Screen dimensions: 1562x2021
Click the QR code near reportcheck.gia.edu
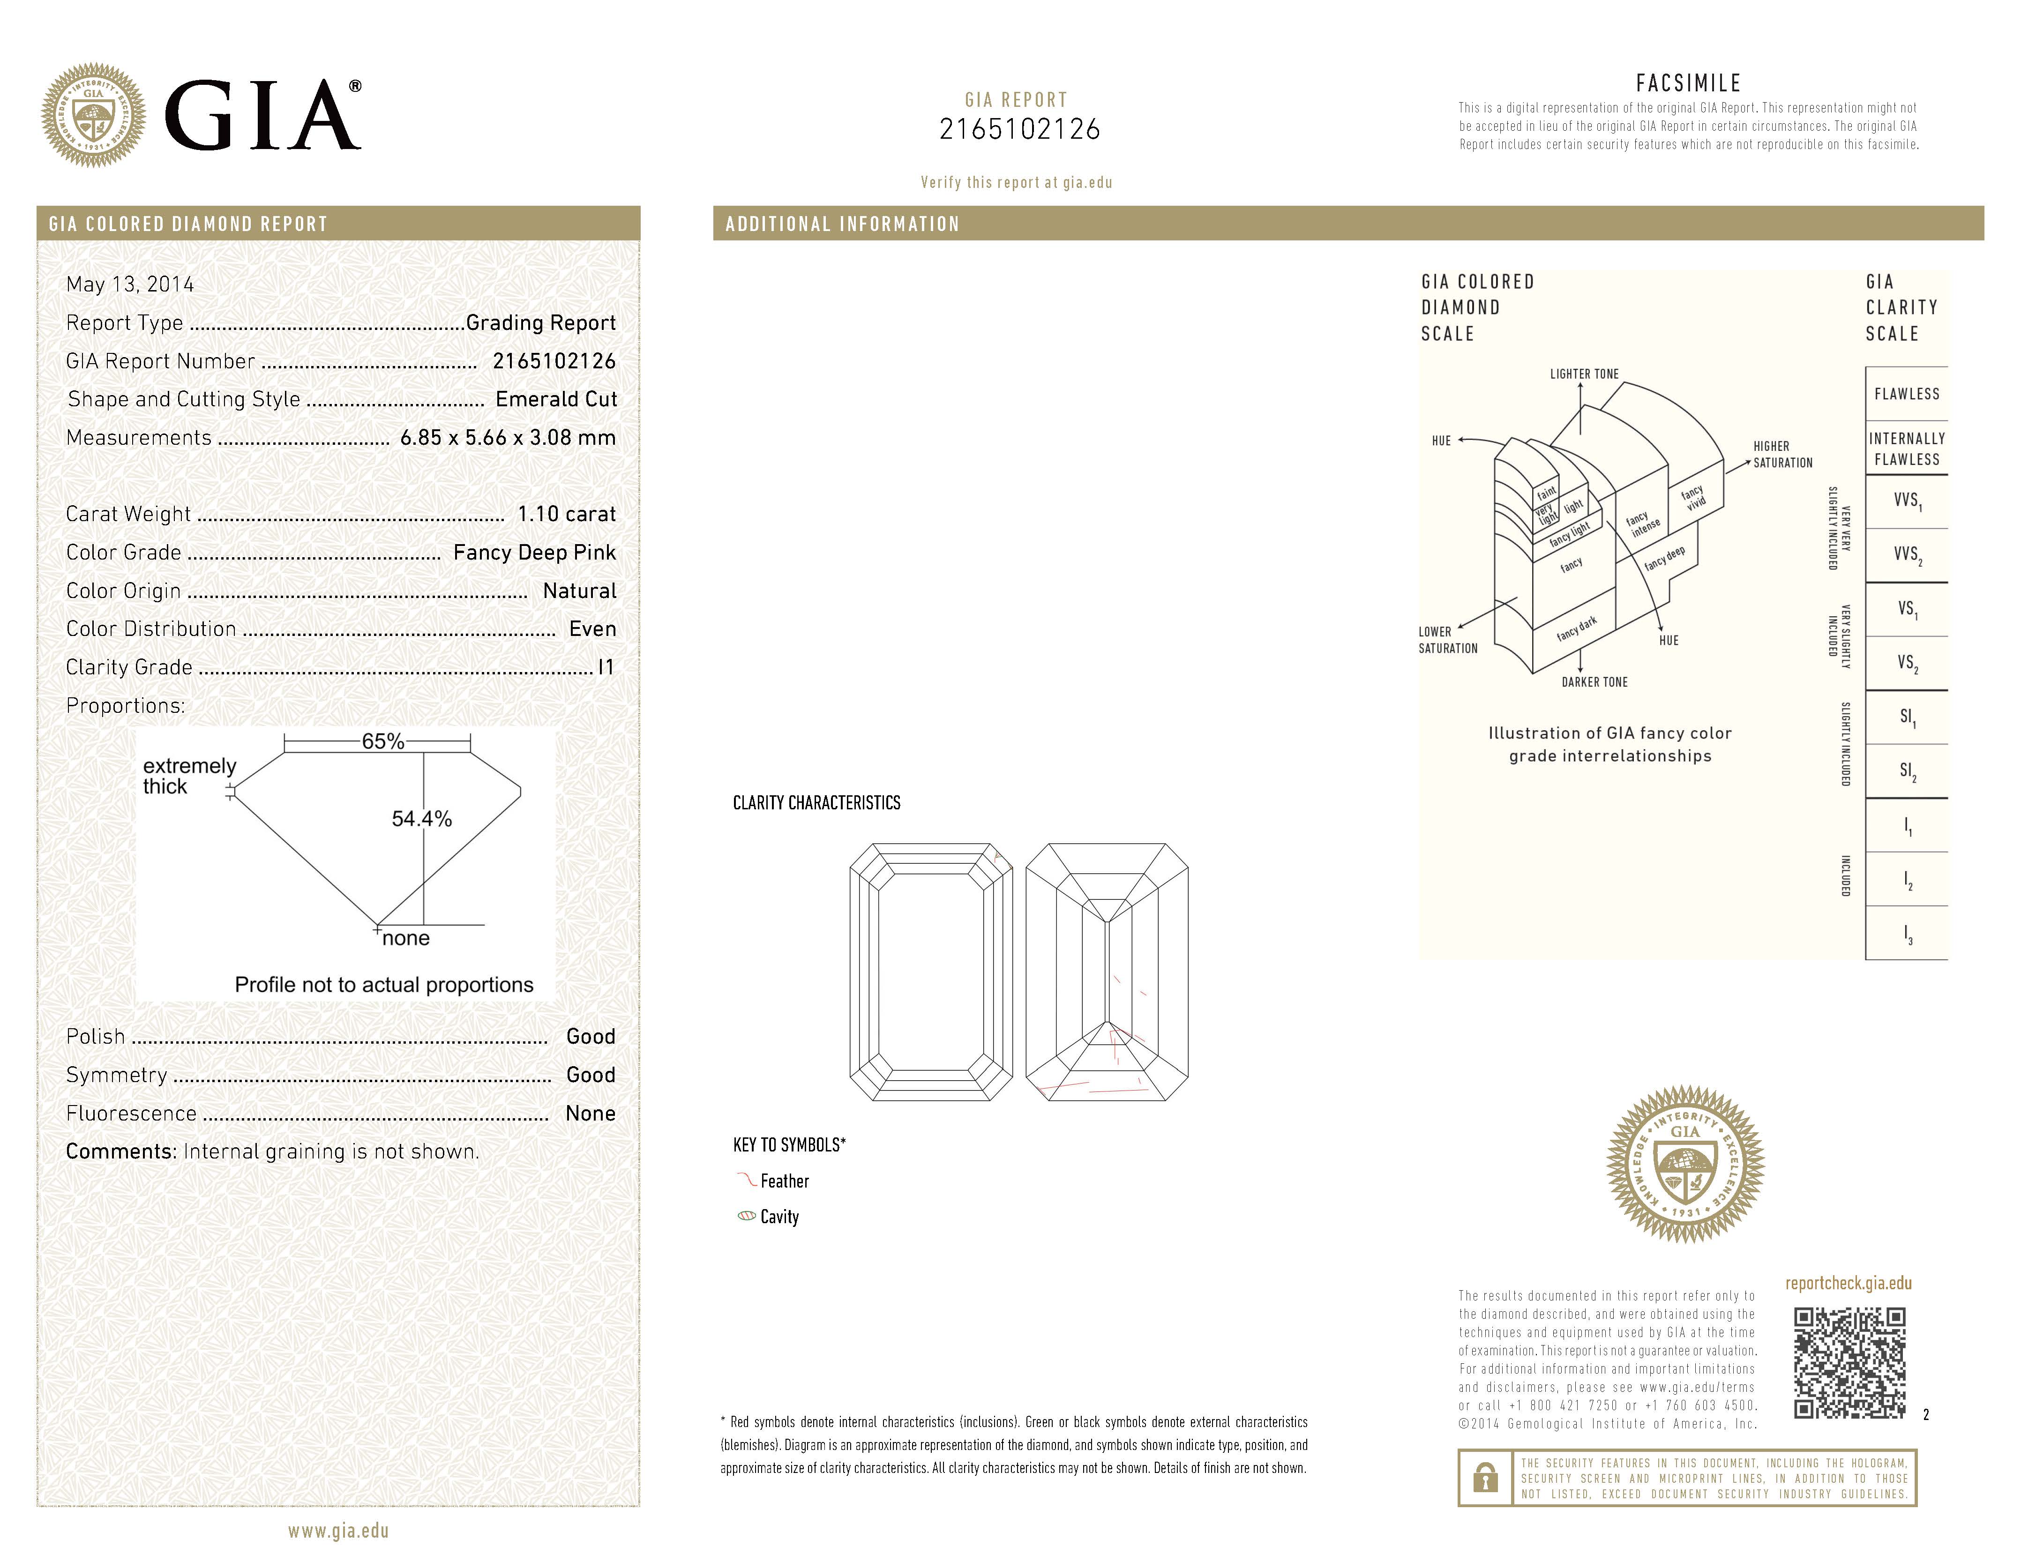point(1849,1362)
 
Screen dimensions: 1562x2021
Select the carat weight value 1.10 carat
point(565,514)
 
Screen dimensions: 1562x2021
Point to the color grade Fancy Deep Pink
point(534,553)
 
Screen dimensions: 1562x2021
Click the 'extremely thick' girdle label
point(189,776)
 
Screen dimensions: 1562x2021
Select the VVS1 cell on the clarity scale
point(1906,501)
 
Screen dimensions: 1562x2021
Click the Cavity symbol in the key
point(746,1216)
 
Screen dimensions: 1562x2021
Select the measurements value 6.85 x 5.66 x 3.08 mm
point(507,438)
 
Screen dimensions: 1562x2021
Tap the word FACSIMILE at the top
point(1688,83)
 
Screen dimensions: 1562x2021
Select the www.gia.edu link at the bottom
point(338,1531)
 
